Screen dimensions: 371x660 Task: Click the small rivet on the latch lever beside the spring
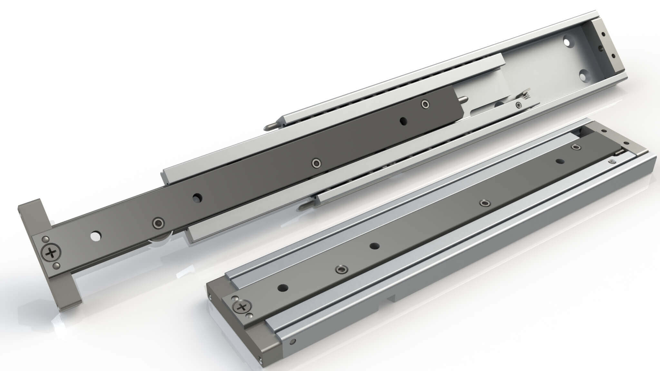(x=518, y=105)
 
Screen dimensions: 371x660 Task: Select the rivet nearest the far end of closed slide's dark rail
(x=576, y=147)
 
